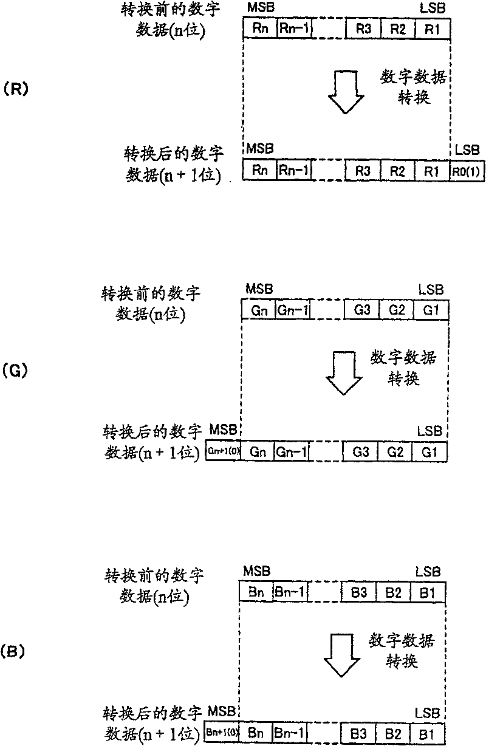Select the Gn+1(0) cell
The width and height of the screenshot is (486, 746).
(x=223, y=453)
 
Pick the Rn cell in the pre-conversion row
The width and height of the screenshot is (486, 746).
(x=259, y=28)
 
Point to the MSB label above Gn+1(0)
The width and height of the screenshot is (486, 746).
(x=222, y=431)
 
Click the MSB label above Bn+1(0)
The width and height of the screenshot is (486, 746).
(x=220, y=710)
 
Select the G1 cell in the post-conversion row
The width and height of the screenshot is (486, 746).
(x=430, y=453)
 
